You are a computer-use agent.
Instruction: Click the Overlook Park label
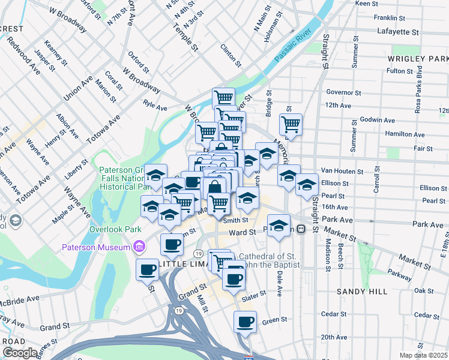(115, 229)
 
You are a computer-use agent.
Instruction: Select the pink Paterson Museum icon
(139, 246)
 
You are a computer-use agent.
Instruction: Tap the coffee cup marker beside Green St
(245, 322)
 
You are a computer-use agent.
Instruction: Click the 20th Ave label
(334, 337)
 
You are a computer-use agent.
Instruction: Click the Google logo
(20, 353)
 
